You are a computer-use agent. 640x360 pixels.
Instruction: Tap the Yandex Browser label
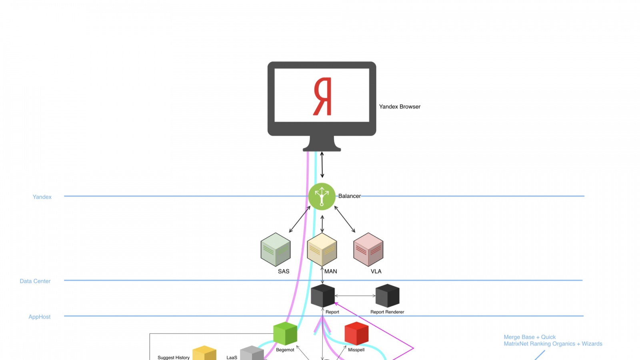(400, 106)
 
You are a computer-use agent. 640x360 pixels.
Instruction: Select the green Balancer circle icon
(322, 196)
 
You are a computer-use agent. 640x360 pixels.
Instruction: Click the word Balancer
(349, 196)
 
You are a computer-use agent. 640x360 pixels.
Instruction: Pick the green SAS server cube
(276, 250)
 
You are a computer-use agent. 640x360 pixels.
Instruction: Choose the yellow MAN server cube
(322, 250)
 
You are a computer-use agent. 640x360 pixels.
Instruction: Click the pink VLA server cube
(368, 250)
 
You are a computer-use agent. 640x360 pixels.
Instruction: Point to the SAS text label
(284, 271)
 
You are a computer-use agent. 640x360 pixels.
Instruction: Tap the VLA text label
(376, 271)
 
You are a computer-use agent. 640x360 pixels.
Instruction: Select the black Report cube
(323, 296)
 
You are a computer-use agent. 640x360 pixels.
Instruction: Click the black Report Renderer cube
(387, 296)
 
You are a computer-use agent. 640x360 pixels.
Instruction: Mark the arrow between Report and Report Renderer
(355, 296)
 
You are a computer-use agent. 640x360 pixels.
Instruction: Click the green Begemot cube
(285, 333)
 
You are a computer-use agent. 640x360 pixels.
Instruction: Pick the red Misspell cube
(356, 333)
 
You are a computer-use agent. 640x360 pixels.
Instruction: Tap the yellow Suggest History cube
(204, 353)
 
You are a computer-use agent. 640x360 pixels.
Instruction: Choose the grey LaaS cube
(252, 353)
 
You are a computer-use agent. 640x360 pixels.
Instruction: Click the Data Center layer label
(35, 281)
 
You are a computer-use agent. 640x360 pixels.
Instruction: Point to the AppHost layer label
(40, 317)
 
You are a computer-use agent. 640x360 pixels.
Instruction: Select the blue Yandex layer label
(42, 197)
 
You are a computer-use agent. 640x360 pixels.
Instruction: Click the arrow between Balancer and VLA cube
(345, 219)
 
